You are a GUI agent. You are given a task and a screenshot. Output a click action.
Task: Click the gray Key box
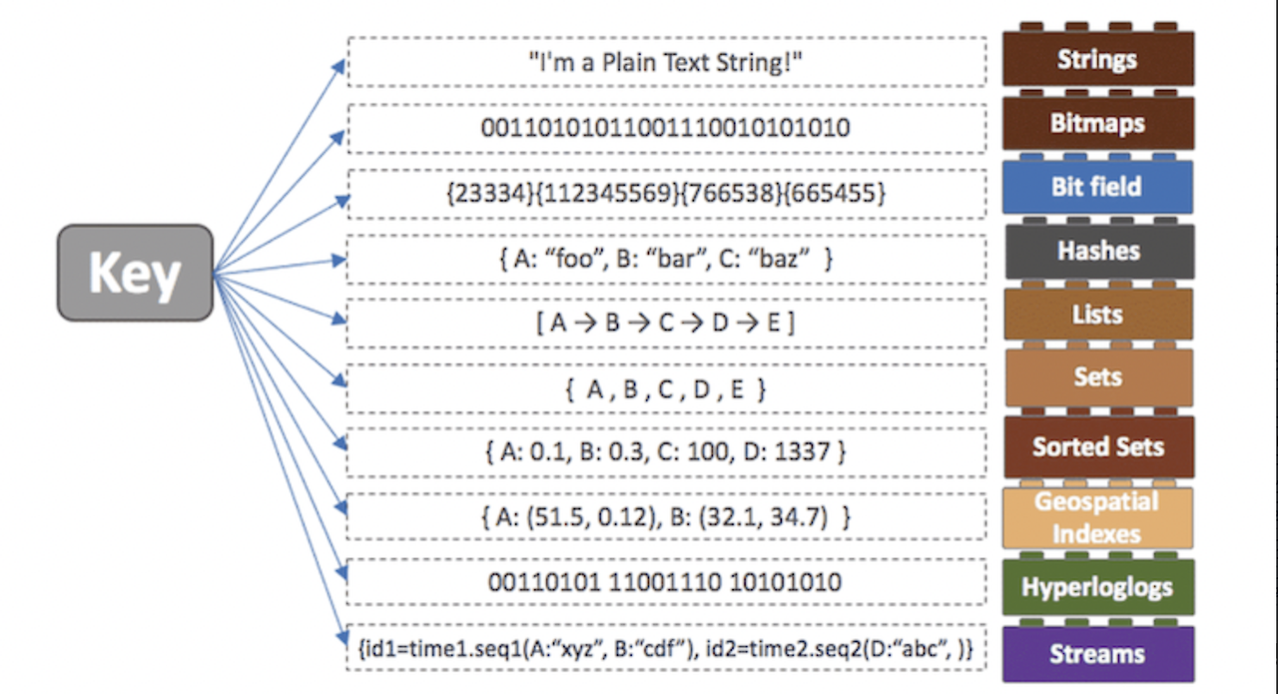(135, 272)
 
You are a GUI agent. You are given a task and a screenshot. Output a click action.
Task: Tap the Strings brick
(1097, 60)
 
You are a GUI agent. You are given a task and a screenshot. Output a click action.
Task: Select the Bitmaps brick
(1097, 124)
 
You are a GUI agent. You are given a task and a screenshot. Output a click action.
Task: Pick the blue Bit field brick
(1097, 187)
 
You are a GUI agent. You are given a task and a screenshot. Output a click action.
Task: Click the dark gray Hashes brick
(1097, 251)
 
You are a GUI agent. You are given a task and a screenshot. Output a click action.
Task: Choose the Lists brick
(1097, 315)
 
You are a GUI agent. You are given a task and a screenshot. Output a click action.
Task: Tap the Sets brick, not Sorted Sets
(1097, 377)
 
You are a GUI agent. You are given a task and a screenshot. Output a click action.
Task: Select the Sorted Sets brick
(1097, 446)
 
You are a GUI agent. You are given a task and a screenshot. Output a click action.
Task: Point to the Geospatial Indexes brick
(1097, 517)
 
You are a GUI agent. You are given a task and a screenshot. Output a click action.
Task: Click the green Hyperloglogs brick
(1097, 587)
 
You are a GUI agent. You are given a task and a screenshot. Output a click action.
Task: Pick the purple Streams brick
(1097, 654)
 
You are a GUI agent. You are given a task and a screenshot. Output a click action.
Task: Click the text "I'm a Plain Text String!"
(666, 63)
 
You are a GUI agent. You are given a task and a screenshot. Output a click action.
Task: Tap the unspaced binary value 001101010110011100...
(666, 128)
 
